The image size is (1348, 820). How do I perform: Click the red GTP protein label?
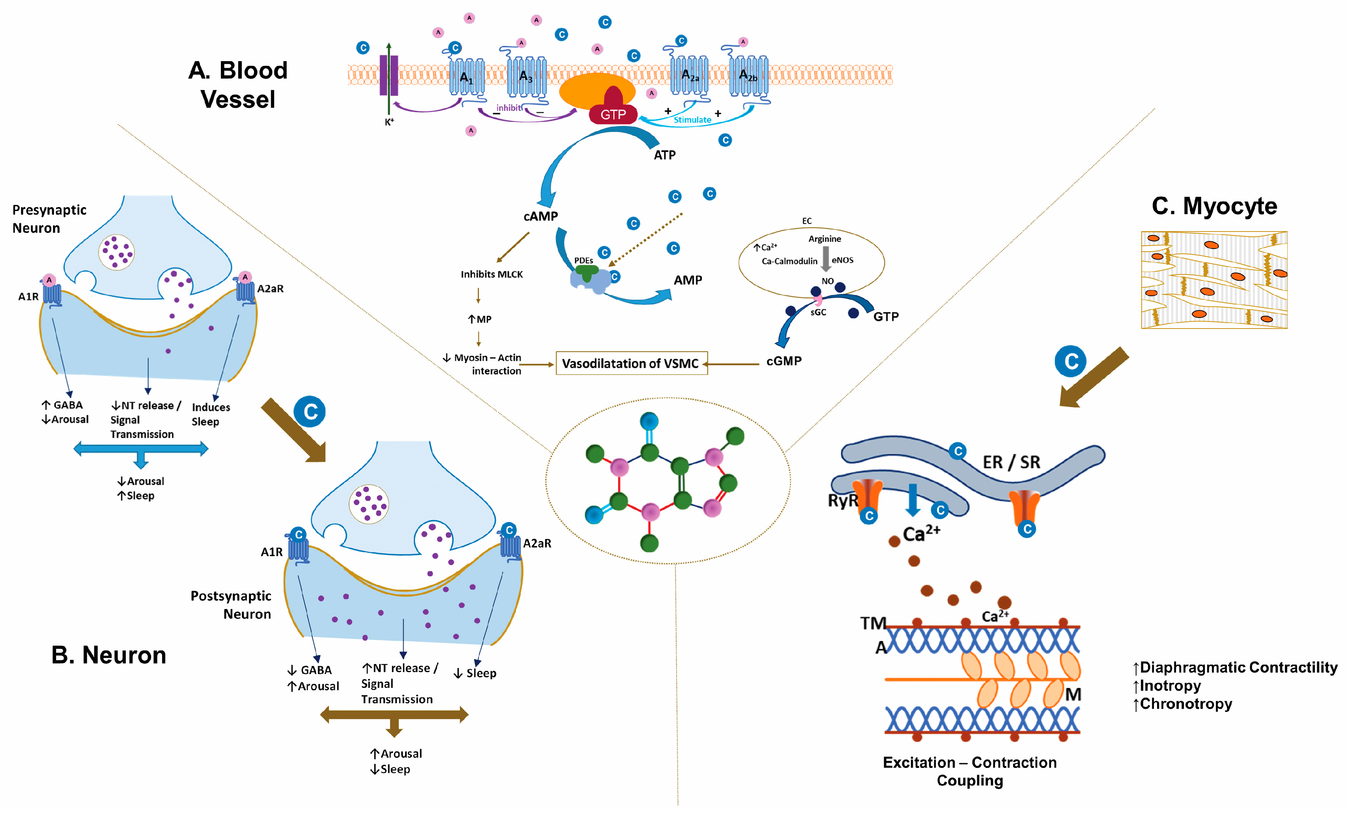(x=613, y=114)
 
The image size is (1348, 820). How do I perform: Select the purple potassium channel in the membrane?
(x=389, y=75)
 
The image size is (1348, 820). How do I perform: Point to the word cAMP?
(x=540, y=216)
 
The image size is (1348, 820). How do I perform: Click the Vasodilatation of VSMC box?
(x=631, y=363)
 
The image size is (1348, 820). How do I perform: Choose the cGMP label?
(x=784, y=361)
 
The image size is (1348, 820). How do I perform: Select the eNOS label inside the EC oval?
(x=843, y=260)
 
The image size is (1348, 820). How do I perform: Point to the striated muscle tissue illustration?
(x=1214, y=280)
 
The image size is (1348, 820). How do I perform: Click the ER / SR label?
(x=1011, y=462)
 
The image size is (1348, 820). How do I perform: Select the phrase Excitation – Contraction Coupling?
(x=970, y=771)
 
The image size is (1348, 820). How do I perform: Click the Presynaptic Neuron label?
(x=49, y=219)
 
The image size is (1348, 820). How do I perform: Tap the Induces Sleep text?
(x=211, y=414)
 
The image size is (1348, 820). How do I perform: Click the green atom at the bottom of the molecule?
(x=649, y=543)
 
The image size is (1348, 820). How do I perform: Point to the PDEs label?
(x=584, y=260)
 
